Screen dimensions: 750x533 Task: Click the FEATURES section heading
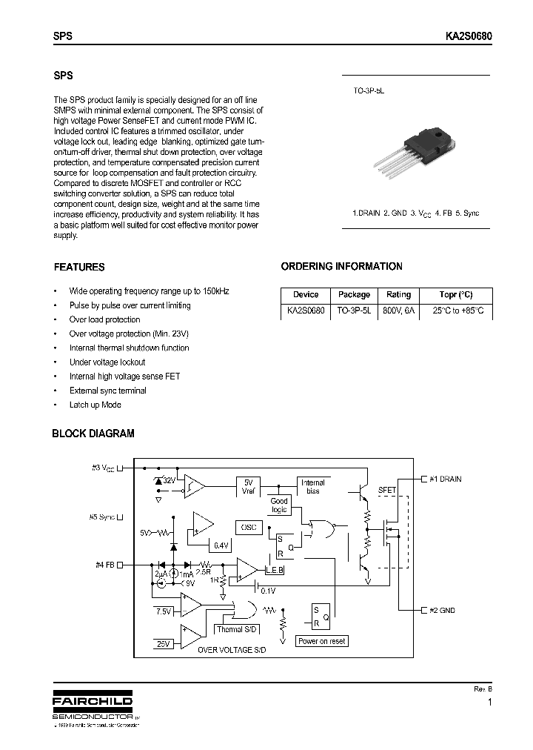click(x=79, y=268)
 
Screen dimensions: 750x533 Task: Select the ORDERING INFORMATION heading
click(x=341, y=267)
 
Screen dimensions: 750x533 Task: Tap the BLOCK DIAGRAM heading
click(x=93, y=434)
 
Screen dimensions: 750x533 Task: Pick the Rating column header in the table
click(x=398, y=294)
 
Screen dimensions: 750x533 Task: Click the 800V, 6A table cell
click(x=398, y=311)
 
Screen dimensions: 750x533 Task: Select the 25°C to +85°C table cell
click(x=457, y=311)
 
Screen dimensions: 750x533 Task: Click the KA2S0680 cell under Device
click(x=305, y=311)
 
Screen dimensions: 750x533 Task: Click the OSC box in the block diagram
click(x=249, y=527)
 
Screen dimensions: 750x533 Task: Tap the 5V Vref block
click(x=249, y=486)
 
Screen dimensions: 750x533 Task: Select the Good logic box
click(x=279, y=505)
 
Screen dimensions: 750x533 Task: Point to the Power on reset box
click(x=322, y=641)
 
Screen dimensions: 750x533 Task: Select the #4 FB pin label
click(x=105, y=565)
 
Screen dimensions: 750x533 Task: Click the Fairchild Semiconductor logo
click(x=92, y=707)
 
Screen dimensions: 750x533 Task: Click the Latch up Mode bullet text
click(x=95, y=405)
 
